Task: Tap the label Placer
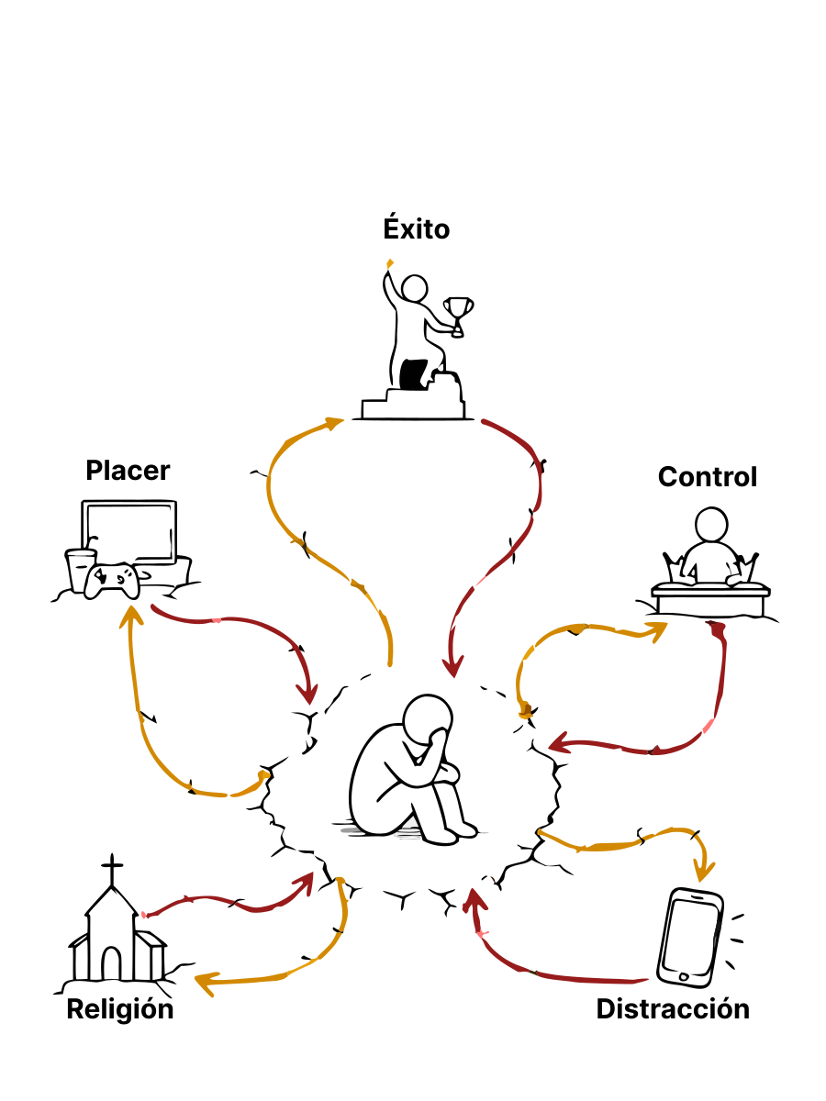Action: point(128,471)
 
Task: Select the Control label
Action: point(707,476)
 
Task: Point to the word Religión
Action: point(120,1009)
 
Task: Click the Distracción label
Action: point(673,1008)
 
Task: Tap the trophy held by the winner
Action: point(458,317)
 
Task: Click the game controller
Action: point(112,581)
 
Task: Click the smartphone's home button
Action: point(683,976)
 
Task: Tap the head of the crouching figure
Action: point(428,720)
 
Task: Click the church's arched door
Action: point(111,963)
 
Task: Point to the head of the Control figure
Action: point(711,525)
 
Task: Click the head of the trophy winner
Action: point(414,289)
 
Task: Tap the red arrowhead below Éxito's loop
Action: point(452,666)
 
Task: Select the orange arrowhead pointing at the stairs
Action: point(333,424)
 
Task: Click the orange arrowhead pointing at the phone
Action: point(704,871)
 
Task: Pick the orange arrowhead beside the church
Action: point(206,984)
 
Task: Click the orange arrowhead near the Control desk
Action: point(658,630)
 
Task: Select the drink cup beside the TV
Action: point(79,571)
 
